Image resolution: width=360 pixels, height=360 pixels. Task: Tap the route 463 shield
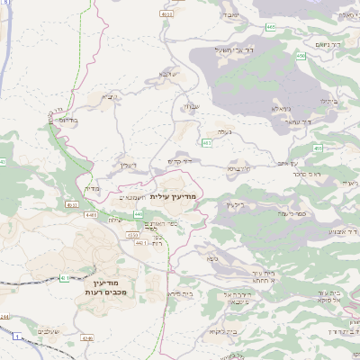pos(208,142)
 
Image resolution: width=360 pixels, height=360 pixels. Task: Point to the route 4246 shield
pos(87,338)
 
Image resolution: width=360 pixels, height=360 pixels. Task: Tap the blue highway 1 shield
pos(16,337)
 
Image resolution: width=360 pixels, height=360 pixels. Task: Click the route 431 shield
pos(64,278)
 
